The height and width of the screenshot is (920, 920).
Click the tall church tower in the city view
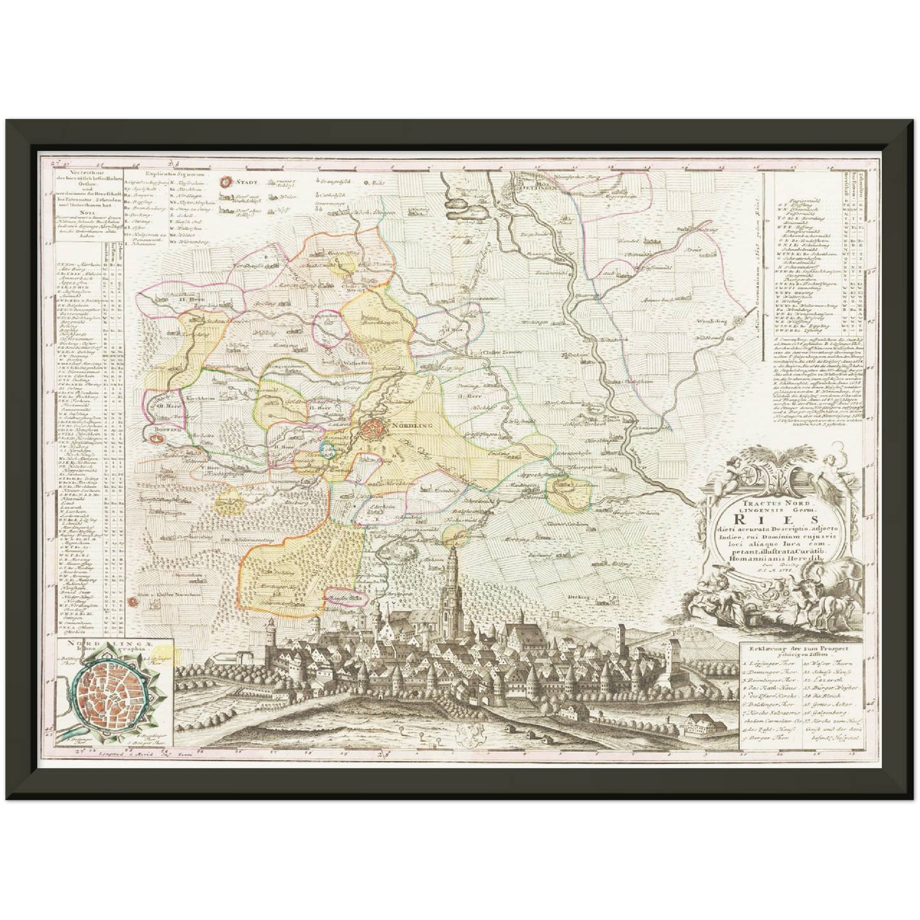coord(451,579)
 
